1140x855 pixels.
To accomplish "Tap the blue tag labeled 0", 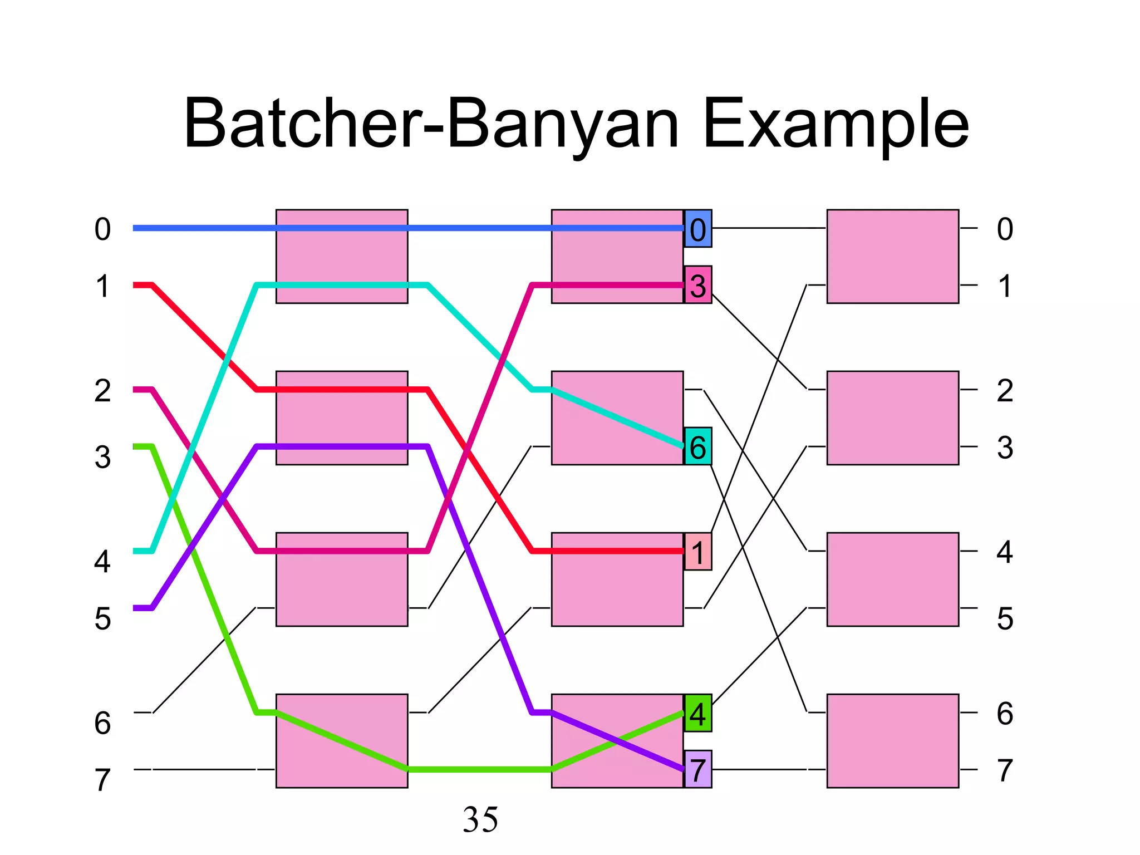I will [698, 229].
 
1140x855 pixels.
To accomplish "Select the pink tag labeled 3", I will [698, 285].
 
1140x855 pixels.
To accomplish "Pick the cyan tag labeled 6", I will [698, 446].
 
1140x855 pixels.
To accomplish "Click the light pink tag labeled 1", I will [698, 552].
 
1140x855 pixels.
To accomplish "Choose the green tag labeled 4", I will [698, 713].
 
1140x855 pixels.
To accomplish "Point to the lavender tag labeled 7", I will [698, 769].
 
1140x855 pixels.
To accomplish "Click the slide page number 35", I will [480, 819].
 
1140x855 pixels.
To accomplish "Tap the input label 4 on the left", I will [102, 561].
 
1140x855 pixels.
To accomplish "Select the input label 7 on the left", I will [102, 779].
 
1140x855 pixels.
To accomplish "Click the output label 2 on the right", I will [1004, 390].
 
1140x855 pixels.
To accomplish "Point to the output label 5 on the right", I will [1004, 618].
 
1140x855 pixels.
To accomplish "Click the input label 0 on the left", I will [102, 229].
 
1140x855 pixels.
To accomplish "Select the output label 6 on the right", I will [1004, 713].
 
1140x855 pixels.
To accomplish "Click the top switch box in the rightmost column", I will [892, 257].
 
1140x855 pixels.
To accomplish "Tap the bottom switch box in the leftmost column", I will [342, 740].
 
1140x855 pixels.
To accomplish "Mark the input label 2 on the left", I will [102, 390].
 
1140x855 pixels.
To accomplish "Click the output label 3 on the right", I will [1004, 447].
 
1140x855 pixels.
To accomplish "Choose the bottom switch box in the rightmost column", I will [892, 740].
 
